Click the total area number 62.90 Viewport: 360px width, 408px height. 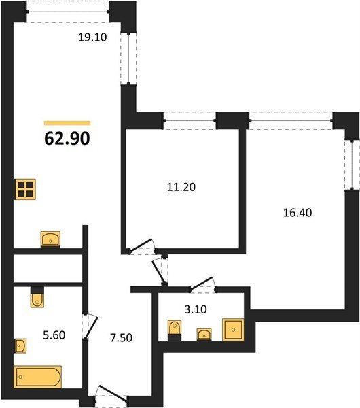pos(67,139)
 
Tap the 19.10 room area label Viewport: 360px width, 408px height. pos(92,37)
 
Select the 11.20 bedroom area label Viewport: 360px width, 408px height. pos(181,187)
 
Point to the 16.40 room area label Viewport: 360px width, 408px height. pos(298,213)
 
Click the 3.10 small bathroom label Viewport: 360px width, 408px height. pos(196,309)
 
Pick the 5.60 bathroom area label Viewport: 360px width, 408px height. pos(54,335)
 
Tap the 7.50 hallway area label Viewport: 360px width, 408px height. pos(121,338)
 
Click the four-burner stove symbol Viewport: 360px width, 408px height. pos(26,189)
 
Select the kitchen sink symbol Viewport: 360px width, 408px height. pos(50,239)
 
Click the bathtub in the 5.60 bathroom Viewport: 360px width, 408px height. pos(37,377)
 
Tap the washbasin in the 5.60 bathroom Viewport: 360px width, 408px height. pos(20,346)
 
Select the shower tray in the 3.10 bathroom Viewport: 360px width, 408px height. pos(233,329)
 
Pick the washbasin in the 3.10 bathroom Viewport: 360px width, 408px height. pos(204,335)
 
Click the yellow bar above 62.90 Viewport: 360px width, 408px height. pos(67,123)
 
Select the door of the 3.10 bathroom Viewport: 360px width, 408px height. pos(202,284)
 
